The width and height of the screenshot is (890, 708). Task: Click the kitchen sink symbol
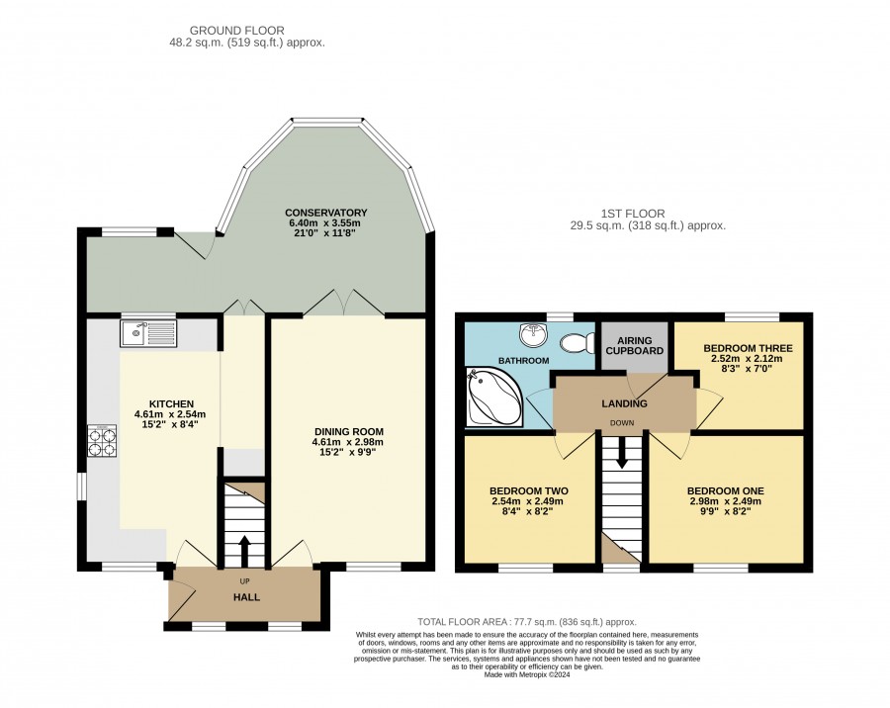pos(148,332)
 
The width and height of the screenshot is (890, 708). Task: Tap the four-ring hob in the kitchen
pos(102,441)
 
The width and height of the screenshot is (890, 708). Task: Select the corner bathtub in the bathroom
pos(493,396)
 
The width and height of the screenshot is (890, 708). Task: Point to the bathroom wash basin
pos(534,335)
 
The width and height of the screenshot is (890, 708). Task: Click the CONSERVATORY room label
pos(325,213)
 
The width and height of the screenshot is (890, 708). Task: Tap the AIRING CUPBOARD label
pos(634,345)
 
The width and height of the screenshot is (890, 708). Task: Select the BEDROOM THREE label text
pos(748,348)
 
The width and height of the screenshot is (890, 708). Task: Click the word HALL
pos(247,597)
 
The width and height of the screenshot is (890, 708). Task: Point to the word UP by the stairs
pos(244,582)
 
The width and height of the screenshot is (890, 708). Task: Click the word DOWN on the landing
pos(622,423)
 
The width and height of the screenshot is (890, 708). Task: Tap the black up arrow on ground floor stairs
pos(244,551)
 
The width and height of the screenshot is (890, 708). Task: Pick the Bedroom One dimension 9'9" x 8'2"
pos(726,511)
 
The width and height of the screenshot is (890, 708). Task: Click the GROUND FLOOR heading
pos(236,31)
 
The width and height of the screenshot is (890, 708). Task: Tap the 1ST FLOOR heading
pos(633,214)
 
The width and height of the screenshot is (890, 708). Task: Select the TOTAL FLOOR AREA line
pos(527,622)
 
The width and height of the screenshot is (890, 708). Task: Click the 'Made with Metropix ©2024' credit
pos(527,675)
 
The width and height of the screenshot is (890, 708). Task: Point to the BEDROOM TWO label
pos(529,491)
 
